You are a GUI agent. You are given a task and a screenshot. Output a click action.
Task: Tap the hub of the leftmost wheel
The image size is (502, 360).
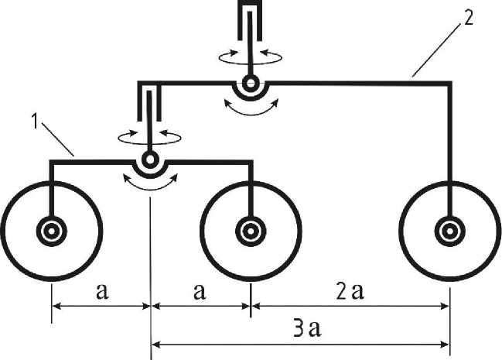(51, 230)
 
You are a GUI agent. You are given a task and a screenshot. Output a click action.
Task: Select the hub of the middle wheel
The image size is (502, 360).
(251, 230)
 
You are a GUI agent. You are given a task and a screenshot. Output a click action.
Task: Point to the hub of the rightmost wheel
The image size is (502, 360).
(449, 230)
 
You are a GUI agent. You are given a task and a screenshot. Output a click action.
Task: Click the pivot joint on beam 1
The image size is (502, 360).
(149, 160)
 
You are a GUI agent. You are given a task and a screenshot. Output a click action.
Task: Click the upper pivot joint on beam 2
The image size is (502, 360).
(249, 82)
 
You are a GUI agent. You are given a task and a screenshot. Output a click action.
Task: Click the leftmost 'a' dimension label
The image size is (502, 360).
(101, 292)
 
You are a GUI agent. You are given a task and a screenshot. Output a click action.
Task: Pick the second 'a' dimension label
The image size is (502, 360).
(200, 292)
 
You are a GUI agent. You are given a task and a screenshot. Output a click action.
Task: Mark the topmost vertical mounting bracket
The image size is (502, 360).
(248, 23)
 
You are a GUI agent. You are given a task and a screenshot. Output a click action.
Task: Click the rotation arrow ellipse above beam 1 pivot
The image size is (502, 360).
(149, 135)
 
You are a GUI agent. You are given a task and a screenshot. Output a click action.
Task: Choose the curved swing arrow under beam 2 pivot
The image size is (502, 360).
(249, 107)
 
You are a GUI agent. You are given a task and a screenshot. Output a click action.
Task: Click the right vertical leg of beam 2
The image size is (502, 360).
(449, 147)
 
